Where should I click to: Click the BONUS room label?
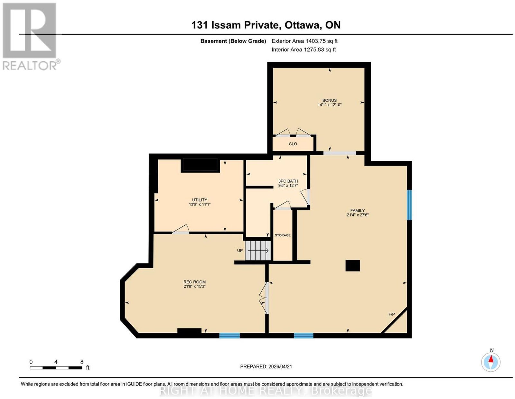[x=329, y=100]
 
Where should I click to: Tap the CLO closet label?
[x=293, y=144]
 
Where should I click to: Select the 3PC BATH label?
[x=288, y=181]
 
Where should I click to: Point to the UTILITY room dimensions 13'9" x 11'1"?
[x=200, y=204]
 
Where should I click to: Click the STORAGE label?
[x=283, y=235]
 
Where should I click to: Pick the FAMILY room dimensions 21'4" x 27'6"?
[x=357, y=215]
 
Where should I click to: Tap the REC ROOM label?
[x=194, y=282]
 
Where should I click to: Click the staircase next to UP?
[x=258, y=251]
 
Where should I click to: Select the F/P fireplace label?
[x=391, y=314]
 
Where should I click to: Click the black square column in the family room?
[x=353, y=266]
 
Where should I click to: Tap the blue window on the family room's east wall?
[x=409, y=205]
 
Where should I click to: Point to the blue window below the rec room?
[x=229, y=335]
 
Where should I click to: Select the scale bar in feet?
[x=56, y=368]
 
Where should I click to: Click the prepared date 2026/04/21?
[x=280, y=366]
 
